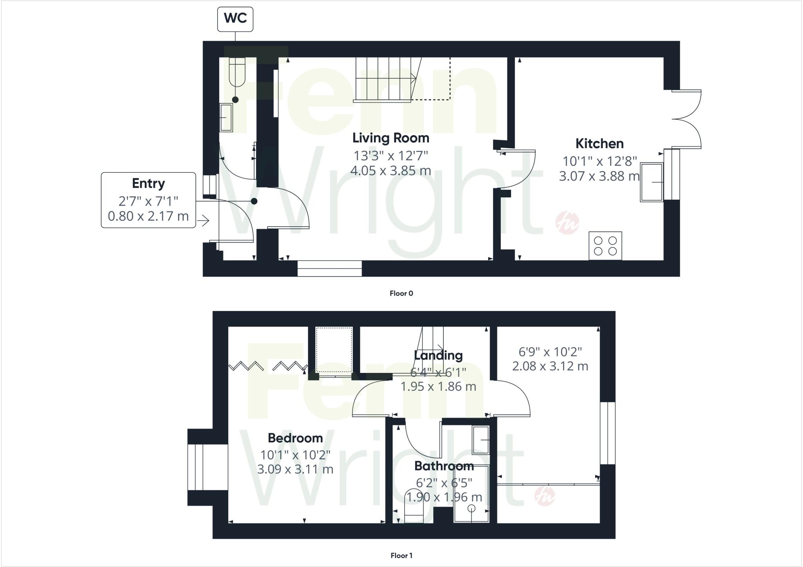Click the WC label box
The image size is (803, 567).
pyautogui.click(x=235, y=18)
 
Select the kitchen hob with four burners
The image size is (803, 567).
pyautogui.click(x=605, y=246)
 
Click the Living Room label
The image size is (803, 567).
pyautogui.click(x=391, y=138)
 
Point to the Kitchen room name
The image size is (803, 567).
pyautogui.click(x=599, y=144)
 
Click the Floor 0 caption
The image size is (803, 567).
pyautogui.click(x=401, y=293)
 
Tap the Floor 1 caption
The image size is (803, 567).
pyautogui.click(x=401, y=555)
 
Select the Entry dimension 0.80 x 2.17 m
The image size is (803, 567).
pyautogui.click(x=148, y=216)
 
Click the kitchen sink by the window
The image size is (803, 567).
pyautogui.click(x=651, y=182)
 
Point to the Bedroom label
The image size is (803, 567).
pyautogui.click(x=295, y=438)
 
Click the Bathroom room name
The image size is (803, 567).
pyautogui.click(x=444, y=466)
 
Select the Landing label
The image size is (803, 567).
pyautogui.click(x=438, y=355)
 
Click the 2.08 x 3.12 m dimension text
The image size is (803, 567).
pyautogui.click(x=550, y=366)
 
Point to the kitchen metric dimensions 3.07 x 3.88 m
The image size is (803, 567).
pyautogui.click(x=599, y=176)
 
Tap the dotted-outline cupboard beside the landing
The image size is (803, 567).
pyautogui.click(x=334, y=350)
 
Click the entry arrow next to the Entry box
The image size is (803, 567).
pyautogui.click(x=203, y=221)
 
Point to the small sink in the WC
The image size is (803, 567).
pyautogui.click(x=225, y=117)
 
